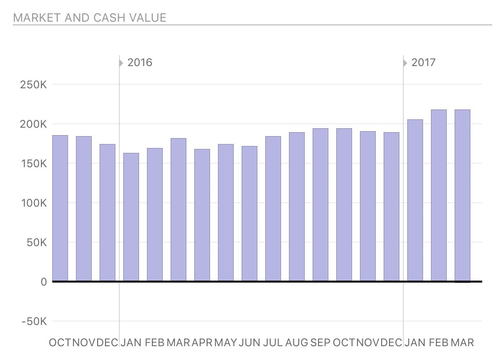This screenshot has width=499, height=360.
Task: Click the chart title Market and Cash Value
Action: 90,18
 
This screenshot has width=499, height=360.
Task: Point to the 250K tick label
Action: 34,85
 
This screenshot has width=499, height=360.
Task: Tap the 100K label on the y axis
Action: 34,203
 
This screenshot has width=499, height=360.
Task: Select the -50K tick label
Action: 34,322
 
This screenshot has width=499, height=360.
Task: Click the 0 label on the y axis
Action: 43,282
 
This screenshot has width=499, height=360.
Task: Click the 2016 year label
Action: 140,63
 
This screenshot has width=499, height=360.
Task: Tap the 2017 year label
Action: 424,63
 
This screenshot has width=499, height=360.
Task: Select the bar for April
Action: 202,215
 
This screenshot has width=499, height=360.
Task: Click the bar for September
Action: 321,205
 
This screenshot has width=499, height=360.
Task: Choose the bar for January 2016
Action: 131,217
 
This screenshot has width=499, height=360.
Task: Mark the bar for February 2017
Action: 439,195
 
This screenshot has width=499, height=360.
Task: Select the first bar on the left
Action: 60,208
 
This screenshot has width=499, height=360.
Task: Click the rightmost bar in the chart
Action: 463,195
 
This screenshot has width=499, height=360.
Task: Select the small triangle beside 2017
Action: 405,63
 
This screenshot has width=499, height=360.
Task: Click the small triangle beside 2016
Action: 121,63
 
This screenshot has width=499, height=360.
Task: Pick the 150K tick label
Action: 34,164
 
